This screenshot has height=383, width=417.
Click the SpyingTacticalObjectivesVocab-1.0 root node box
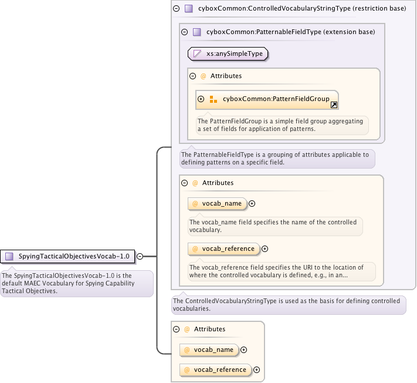[x=68, y=256]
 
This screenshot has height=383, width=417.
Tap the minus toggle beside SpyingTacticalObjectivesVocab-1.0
[x=140, y=256]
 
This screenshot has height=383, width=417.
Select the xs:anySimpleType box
[x=228, y=54]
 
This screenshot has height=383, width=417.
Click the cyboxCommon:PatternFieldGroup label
[x=276, y=99]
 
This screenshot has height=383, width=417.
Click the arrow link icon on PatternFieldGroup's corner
[x=334, y=105]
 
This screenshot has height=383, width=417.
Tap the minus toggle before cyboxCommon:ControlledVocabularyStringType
[x=176, y=9]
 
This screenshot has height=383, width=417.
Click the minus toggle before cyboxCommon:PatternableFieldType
[x=184, y=32]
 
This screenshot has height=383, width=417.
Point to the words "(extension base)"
[x=348, y=32]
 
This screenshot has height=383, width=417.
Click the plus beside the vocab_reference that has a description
[x=265, y=248]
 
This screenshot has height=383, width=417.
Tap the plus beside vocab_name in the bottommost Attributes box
[x=244, y=350]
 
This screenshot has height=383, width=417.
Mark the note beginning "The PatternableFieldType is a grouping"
[x=277, y=159]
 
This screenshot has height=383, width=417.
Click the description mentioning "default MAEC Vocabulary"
[x=76, y=283]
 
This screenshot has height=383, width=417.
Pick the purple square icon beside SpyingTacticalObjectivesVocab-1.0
[x=9, y=256]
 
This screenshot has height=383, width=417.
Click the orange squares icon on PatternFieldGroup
[x=213, y=99]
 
